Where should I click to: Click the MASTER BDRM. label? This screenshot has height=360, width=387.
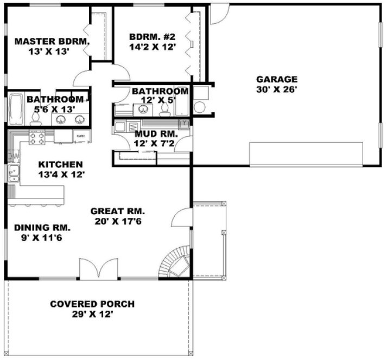[52, 41]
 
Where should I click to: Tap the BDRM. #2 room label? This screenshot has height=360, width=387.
[153, 37]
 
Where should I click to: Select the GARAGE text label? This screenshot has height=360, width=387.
[277, 79]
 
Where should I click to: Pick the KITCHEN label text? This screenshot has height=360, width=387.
[60, 164]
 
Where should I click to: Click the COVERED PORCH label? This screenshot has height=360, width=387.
[92, 304]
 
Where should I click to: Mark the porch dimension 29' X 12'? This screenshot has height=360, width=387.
[92, 314]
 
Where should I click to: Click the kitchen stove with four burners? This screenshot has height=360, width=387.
[36, 139]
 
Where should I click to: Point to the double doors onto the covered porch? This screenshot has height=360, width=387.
[99, 268]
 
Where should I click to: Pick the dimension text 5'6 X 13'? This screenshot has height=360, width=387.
[53, 110]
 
